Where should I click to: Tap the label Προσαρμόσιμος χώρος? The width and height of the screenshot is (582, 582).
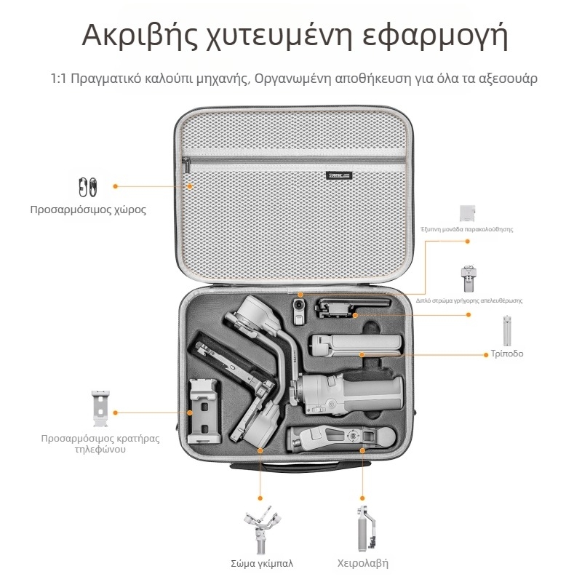pyautogui.click(x=88, y=210)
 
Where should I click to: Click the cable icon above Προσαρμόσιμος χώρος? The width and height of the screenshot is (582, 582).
pyautogui.click(x=87, y=187)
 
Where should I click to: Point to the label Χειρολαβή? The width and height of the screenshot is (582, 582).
pyautogui.click(x=363, y=563)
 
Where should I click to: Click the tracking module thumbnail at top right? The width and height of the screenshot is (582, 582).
pyautogui.click(x=468, y=213)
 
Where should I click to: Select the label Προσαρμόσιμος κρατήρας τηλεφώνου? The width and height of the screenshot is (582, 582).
pyautogui.click(x=100, y=444)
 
